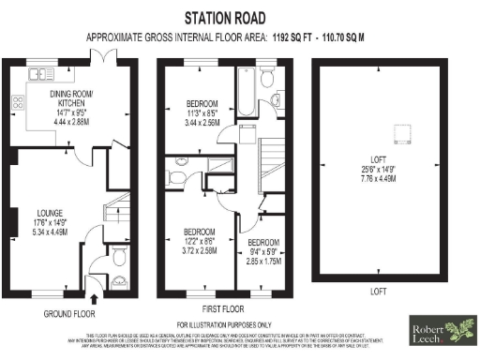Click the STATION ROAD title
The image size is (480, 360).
point(224,18)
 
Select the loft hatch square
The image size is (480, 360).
point(381,131)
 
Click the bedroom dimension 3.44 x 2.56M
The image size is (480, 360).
point(201,123)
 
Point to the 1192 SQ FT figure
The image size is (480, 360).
point(292,38)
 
